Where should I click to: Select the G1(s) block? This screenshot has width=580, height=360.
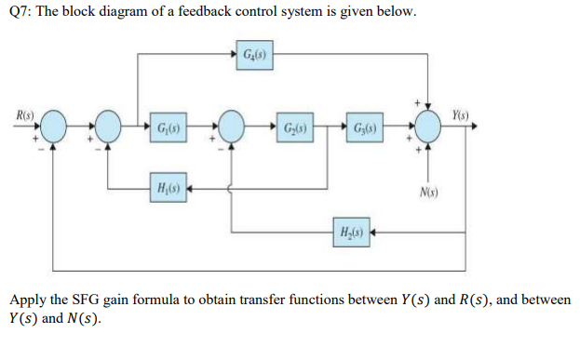pos(173,124)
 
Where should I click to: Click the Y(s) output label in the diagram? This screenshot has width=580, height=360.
pos(460,114)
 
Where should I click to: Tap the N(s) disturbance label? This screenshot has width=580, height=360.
pos(429,194)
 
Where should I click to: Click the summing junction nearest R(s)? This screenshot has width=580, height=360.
pos(53,126)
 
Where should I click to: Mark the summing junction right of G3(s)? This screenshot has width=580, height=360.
pos(428,124)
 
